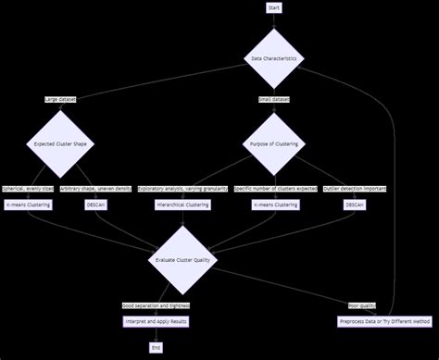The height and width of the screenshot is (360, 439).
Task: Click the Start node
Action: click(x=273, y=7)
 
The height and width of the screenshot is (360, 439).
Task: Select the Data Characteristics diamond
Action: click(x=273, y=58)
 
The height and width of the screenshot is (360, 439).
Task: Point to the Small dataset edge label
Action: click(x=273, y=99)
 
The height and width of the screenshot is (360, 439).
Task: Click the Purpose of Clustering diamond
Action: click(x=273, y=144)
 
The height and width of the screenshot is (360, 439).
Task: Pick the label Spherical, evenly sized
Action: click(x=28, y=189)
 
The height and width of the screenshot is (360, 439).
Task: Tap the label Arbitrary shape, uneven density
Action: click(x=96, y=189)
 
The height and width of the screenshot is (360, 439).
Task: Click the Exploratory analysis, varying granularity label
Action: click(x=182, y=189)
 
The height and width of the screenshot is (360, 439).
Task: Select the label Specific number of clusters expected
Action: click(x=275, y=189)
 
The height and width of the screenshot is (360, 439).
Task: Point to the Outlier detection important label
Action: click(x=355, y=189)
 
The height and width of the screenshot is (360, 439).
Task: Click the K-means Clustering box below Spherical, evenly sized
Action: click(x=28, y=205)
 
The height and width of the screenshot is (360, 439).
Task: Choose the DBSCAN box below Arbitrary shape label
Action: click(x=96, y=205)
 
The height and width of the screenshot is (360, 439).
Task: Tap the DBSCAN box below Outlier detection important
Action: click(x=355, y=205)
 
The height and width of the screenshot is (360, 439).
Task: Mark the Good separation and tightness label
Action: click(x=155, y=305)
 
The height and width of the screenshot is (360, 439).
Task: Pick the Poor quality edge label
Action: click(x=361, y=305)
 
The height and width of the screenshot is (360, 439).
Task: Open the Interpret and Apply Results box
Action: click(x=156, y=321)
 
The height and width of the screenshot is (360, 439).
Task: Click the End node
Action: click(x=156, y=347)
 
